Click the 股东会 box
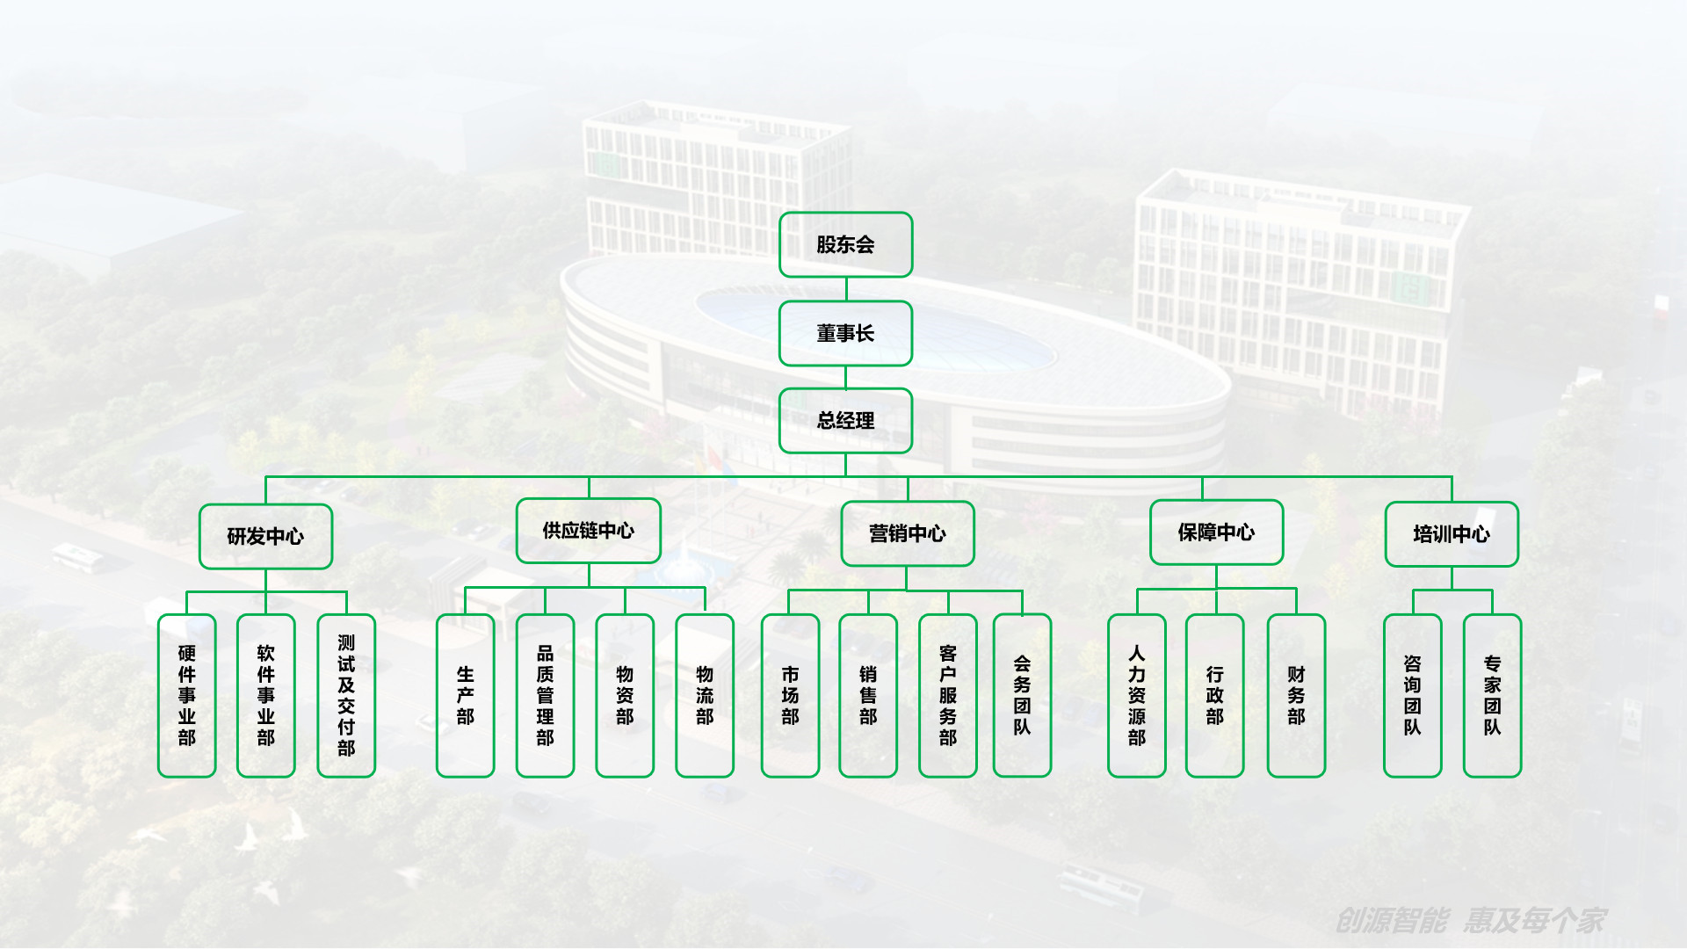pos(845,244)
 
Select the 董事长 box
pos(845,333)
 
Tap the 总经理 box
pos(845,420)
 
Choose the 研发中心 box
pos(265,536)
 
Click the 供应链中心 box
pos(588,531)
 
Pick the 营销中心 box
pos(907,533)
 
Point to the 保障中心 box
pos(1216,532)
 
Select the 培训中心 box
pos(1451,534)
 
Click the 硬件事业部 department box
pos(186,695)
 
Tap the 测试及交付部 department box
pos(346,695)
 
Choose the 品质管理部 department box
pos(545,695)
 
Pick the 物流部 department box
pos(705,695)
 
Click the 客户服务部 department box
pos(947,695)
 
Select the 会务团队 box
pos(1022,695)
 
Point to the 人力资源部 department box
pos(1136,695)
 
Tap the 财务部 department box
pos(1296,695)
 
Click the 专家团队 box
pos(1492,695)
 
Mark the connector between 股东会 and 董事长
pos(846,289)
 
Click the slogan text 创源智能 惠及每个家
pos(1470,920)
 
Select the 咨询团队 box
pos(1412,695)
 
